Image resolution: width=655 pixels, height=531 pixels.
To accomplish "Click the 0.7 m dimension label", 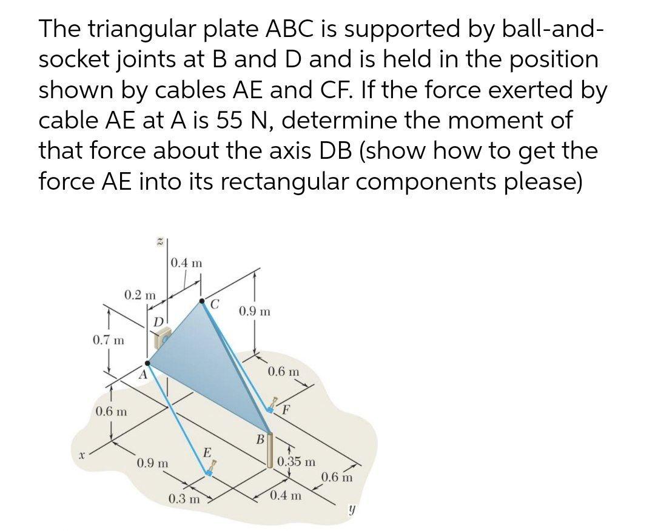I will click(x=108, y=340).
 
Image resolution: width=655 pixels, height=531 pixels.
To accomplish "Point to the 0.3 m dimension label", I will click(x=184, y=500).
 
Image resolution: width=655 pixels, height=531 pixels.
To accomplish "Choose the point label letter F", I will click(x=286, y=407).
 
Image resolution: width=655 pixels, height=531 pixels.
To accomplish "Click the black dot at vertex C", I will click(x=202, y=301).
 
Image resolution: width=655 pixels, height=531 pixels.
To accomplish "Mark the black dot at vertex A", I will click(x=147, y=363).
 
